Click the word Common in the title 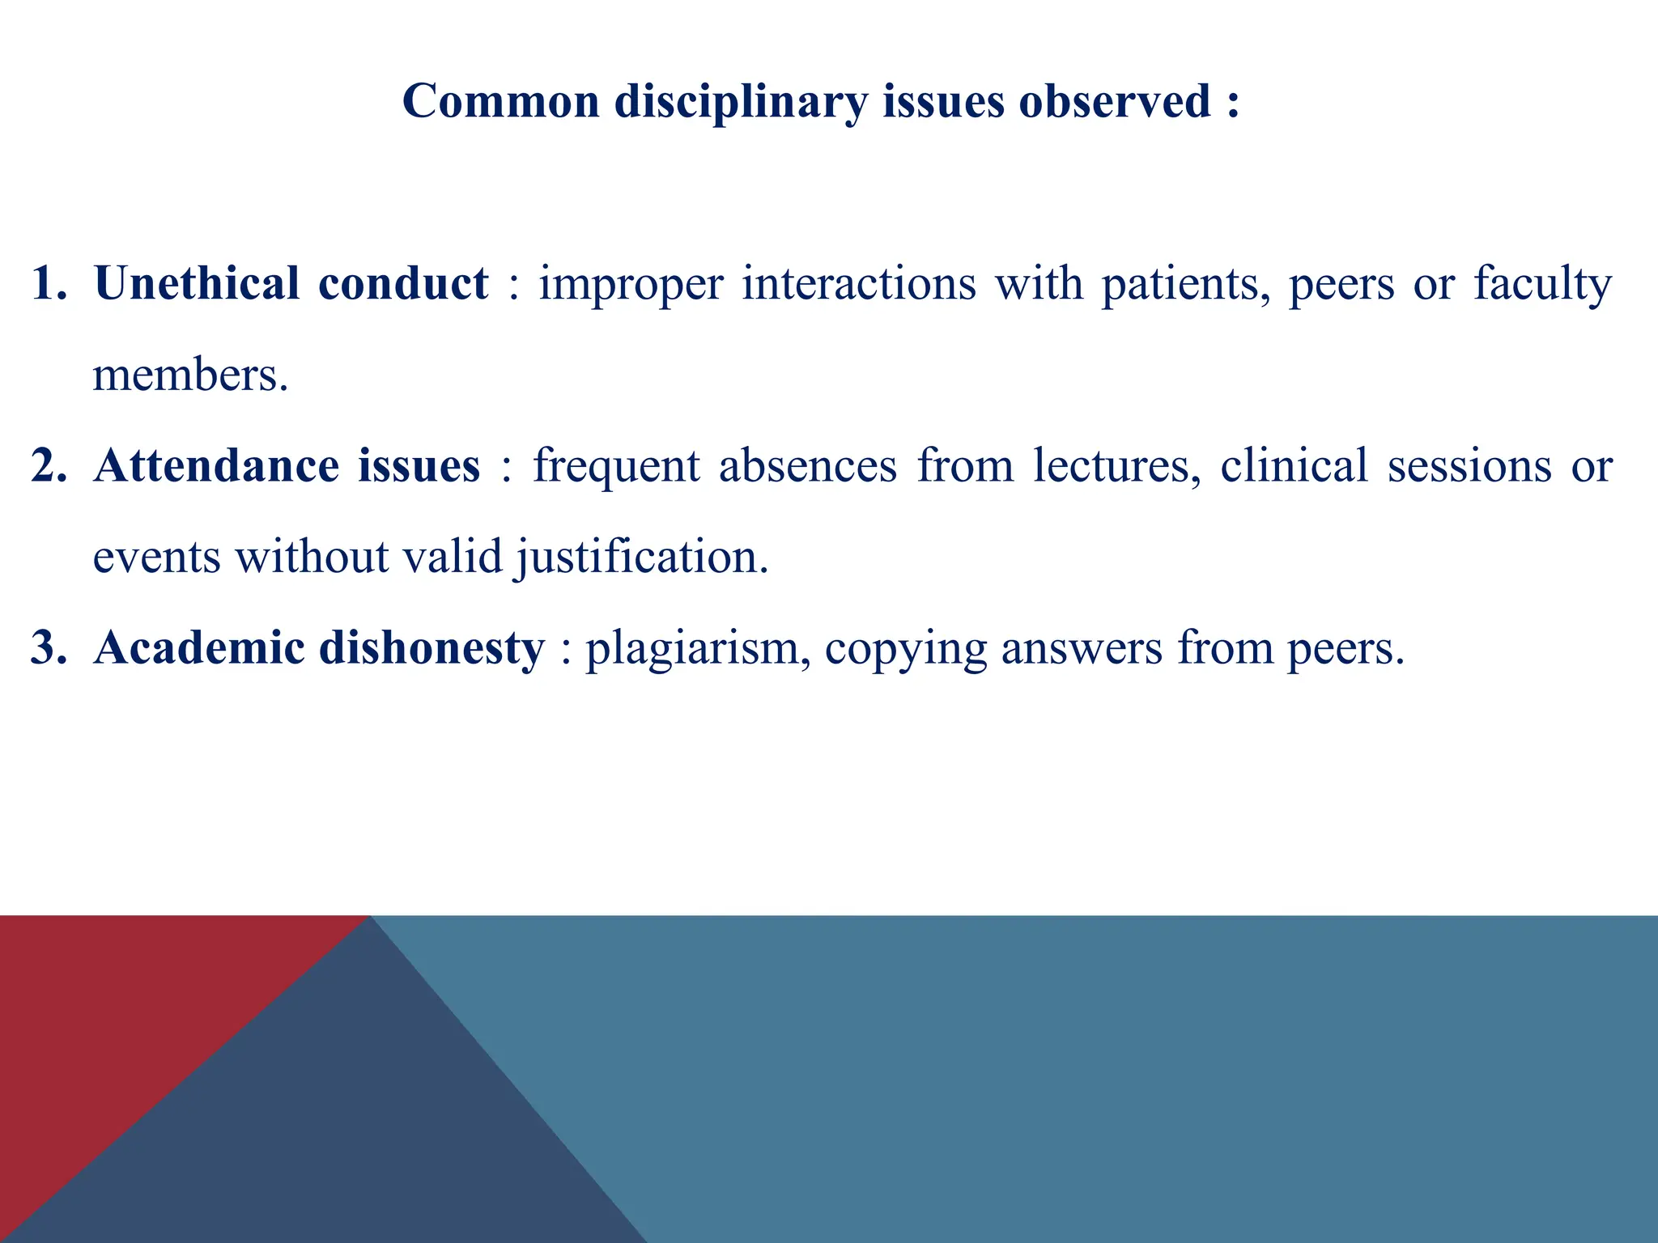pyautogui.click(x=500, y=102)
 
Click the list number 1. pyautogui.click(x=49, y=284)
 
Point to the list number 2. pyautogui.click(x=49, y=466)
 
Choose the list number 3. pyautogui.click(x=49, y=648)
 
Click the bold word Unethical pyautogui.click(x=197, y=284)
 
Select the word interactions pyautogui.click(x=859, y=284)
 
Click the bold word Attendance pyautogui.click(x=216, y=466)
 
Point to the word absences pyautogui.click(x=808, y=466)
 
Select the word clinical pyautogui.click(x=1294, y=466)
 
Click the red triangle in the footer pyautogui.click(x=121, y=1012)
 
